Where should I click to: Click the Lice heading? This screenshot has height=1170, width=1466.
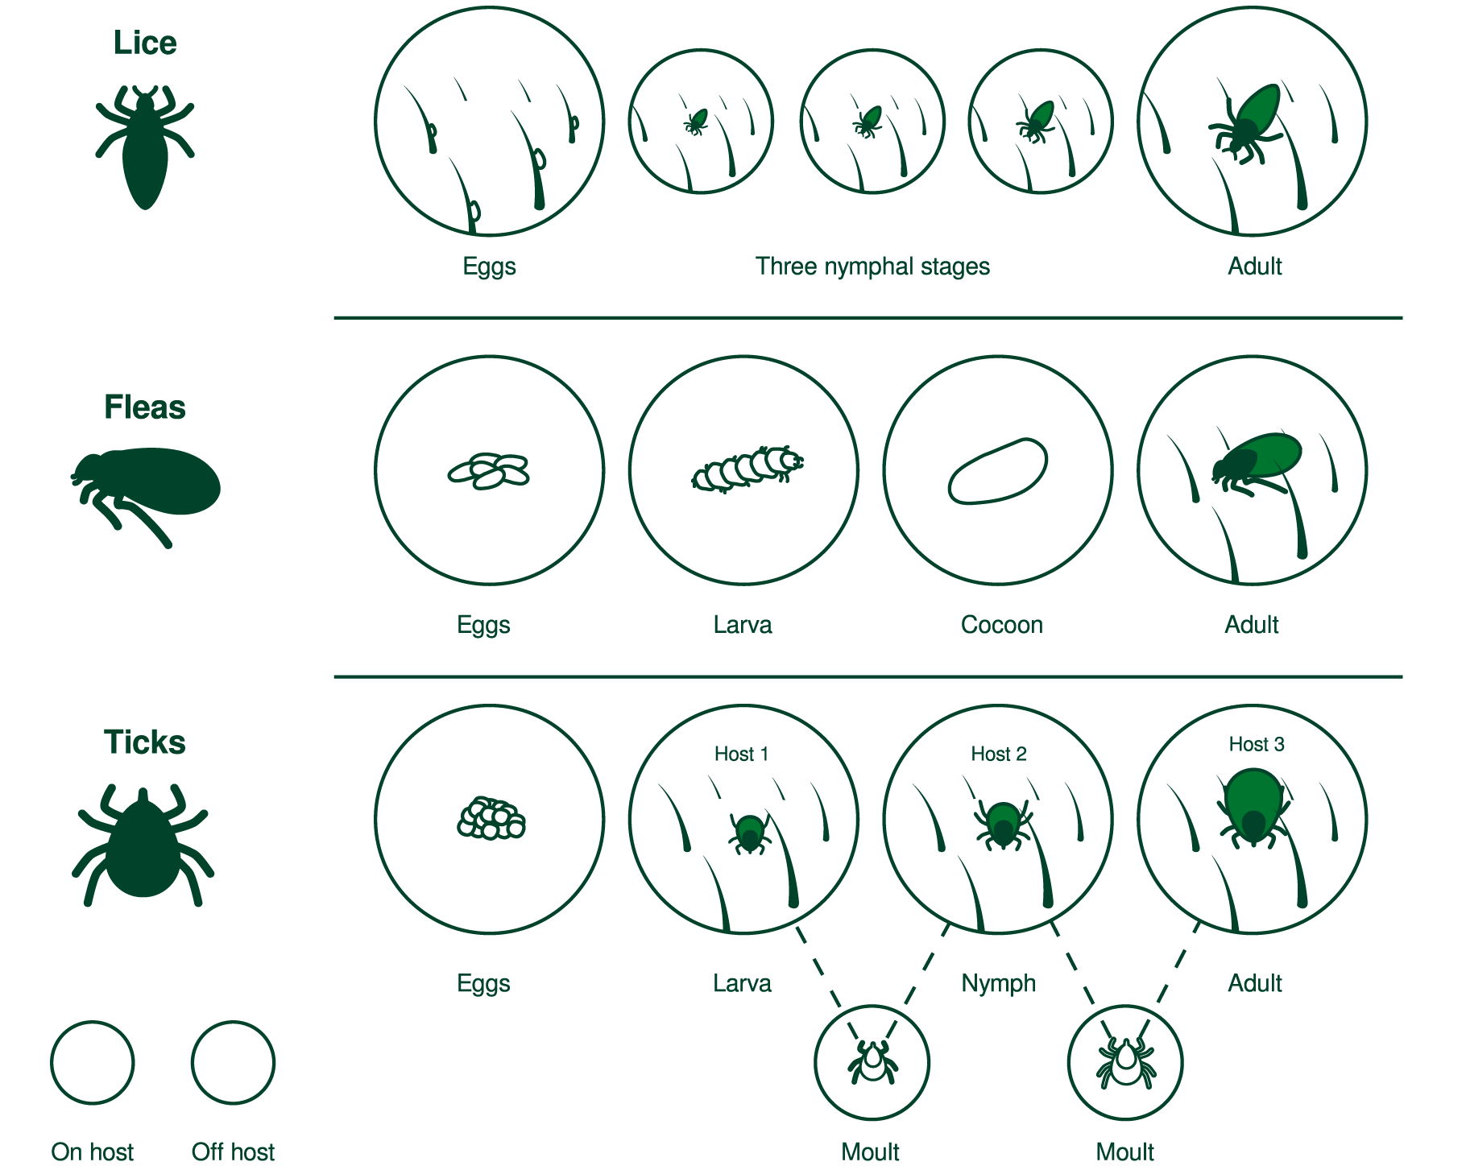pyautogui.click(x=145, y=43)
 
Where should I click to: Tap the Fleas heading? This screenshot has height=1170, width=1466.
pyautogui.click(x=145, y=407)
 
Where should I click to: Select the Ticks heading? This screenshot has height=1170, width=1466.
pyautogui.click(x=145, y=742)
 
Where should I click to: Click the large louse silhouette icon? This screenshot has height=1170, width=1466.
pyautogui.click(x=145, y=147)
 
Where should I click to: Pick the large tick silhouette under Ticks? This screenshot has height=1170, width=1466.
pyautogui.click(x=143, y=845)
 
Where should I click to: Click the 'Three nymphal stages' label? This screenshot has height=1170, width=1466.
pyautogui.click(x=872, y=267)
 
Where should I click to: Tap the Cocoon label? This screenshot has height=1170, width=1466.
pyautogui.click(x=1002, y=625)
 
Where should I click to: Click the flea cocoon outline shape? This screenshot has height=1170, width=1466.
pyautogui.click(x=998, y=471)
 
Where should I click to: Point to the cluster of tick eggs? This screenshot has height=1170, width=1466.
pyautogui.click(x=491, y=819)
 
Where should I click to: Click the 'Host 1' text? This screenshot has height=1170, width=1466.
pyautogui.click(x=742, y=755)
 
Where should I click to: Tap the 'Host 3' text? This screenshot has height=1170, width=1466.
pyautogui.click(x=1257, y=745)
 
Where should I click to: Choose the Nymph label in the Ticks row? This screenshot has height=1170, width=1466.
pyautogui.click(x=999, y=984)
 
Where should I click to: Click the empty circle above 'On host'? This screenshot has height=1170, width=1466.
pyautogui.click(x=93, y=1063)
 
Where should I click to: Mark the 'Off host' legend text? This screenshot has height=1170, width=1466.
pyautogui.click(x=233, y=1151)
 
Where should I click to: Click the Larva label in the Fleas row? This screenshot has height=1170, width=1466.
pyautogui.click(x=743, y=625)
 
